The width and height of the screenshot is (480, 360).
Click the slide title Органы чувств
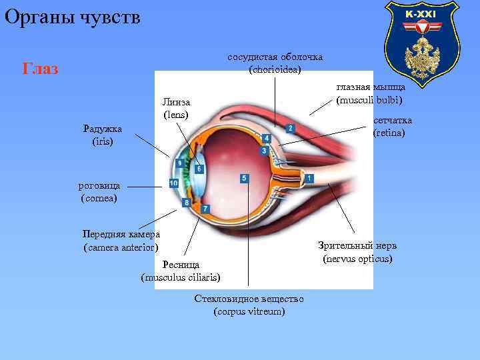pyautogui.click(x=73, y=17)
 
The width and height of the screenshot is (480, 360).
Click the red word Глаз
pyautogui.click(x=40, y=68)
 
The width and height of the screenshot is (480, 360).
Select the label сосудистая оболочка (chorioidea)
pyautogui.click(x=275, y=63)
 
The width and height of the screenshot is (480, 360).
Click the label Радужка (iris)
pyautogui.click(x=103, y=135)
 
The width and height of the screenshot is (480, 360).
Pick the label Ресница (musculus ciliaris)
pyautogui.click(x=181, y=271)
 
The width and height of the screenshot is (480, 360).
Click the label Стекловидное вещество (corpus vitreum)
pyautogui.click(x=249, y=305)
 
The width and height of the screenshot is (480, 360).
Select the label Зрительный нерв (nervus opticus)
pyautogui.click(x=357, y=251)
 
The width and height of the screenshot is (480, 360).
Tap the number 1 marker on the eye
pyautogui.click(x=309, y=178)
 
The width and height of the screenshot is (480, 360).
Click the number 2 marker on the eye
pyautogui.click(x=289, y=128)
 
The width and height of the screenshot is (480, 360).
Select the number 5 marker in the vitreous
pyautogui.click(x=245, y=179)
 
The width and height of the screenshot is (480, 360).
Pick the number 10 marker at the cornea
pyautogui.click(x=173, y=183)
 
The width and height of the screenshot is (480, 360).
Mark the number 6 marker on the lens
pyautogui.click(x=199, y=169)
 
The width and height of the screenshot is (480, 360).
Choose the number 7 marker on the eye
pyautogui.click(x=205, y=209)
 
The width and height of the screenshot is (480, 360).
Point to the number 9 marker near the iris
pyautogui.click(x=179, y=163)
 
